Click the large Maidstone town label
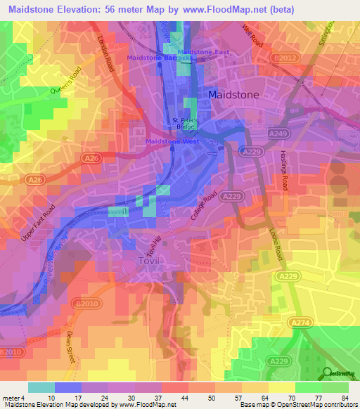[233, 94]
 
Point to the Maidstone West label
[172, 142]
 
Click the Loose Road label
[275, 245]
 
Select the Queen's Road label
[66, 82]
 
